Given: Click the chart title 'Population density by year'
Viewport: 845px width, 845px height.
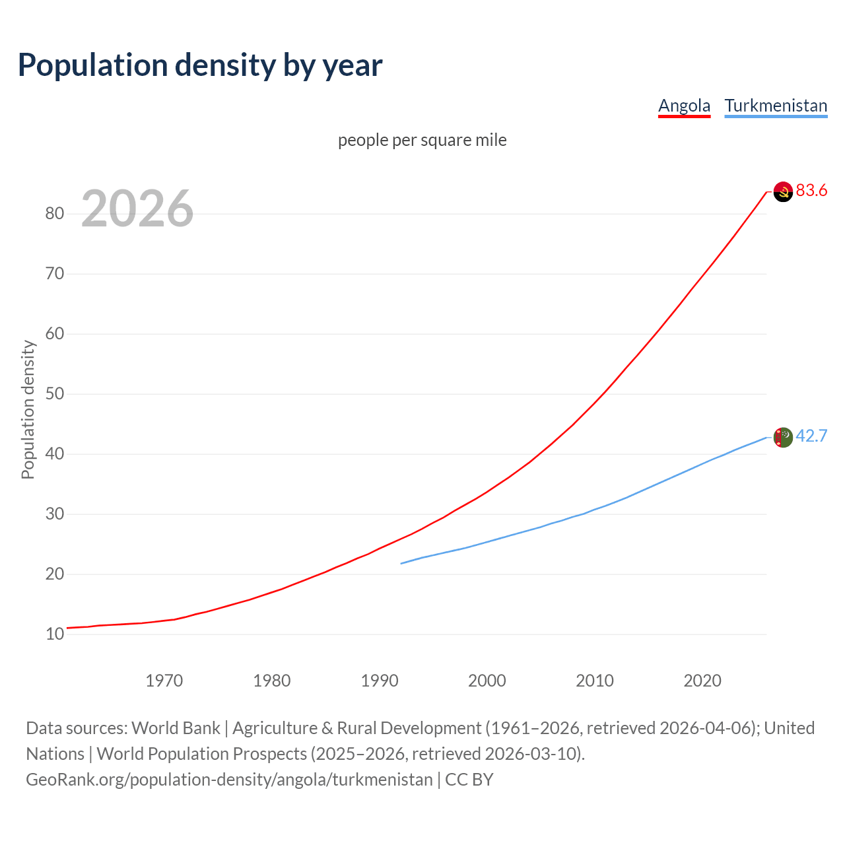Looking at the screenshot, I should pos(200,65).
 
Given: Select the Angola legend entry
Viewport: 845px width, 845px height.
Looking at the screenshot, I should pos(684,106).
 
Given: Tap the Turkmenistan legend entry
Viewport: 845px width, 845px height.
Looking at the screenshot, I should pos(776,106).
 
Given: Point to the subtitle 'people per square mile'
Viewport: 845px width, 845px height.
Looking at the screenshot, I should pos(422,140).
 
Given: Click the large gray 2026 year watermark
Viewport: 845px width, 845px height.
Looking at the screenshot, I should pos(137,209).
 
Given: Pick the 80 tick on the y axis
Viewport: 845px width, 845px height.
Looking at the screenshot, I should pos(55,213).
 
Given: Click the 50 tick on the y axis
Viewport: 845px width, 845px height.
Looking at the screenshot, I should pos(55,394).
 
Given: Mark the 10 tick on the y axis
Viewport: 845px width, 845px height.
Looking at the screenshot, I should pos(55,634).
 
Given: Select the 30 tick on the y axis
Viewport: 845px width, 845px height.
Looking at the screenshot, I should pos(55,514).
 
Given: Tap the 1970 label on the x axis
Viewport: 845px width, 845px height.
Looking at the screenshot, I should pos(164,681).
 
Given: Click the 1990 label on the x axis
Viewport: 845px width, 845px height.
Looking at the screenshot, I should pos(380,681).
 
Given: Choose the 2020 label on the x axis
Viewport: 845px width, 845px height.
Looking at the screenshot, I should pos(702,681).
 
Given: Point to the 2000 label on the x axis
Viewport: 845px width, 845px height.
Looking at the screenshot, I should pos(487,681).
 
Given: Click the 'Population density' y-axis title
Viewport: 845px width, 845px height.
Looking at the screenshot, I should pos(28,409).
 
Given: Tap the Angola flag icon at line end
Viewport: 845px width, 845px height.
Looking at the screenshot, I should pos(783,191).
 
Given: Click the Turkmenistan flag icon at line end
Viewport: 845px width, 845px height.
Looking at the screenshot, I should pos(783,437).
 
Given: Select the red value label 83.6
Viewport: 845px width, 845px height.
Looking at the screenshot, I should pos(811,191).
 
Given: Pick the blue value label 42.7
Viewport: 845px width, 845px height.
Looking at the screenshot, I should pos(811,436).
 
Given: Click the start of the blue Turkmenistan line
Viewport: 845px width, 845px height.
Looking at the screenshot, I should pos(401,563).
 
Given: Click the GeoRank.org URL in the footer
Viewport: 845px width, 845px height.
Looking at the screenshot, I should pos(229,780).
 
